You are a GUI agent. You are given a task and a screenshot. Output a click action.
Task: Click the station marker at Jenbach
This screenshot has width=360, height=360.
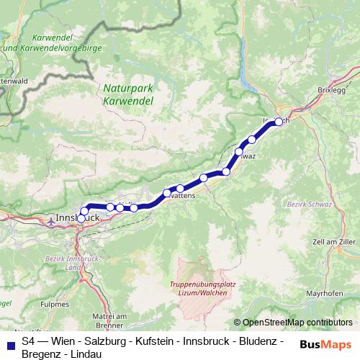(279, 122)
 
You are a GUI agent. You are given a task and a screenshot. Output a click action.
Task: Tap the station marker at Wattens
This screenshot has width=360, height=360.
(167, 193)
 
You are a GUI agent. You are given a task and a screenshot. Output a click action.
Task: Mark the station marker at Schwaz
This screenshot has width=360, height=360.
(238, 152)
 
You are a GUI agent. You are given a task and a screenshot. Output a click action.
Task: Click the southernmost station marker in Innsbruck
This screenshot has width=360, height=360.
(81, 218)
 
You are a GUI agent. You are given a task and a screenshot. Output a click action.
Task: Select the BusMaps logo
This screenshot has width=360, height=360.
(325, 344)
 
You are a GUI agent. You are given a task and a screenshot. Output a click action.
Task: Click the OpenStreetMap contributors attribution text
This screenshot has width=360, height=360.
(297, 323)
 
